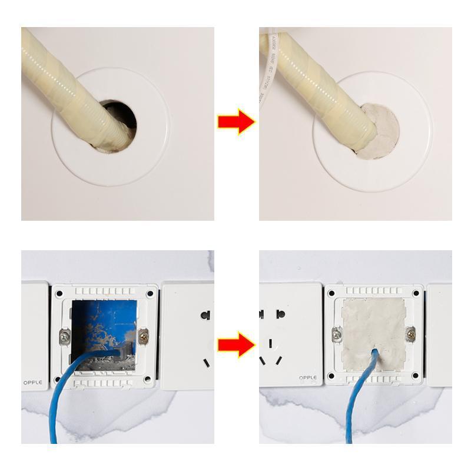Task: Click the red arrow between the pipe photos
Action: click(x=235, y=122)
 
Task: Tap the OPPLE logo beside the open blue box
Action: click(x=33, y=383)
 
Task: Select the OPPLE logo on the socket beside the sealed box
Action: click(x=307, y=377)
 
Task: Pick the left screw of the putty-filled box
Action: click(x=337, y=334)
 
